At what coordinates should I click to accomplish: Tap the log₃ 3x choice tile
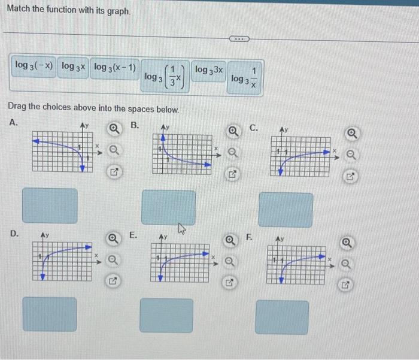209,70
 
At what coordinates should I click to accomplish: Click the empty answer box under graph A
50,206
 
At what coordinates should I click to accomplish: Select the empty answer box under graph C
286,210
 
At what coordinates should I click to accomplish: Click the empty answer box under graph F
282,317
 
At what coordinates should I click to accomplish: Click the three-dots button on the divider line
239,40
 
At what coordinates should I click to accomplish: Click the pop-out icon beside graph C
351,177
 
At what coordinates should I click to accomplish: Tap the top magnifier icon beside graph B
233,132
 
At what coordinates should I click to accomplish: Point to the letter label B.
135,125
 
